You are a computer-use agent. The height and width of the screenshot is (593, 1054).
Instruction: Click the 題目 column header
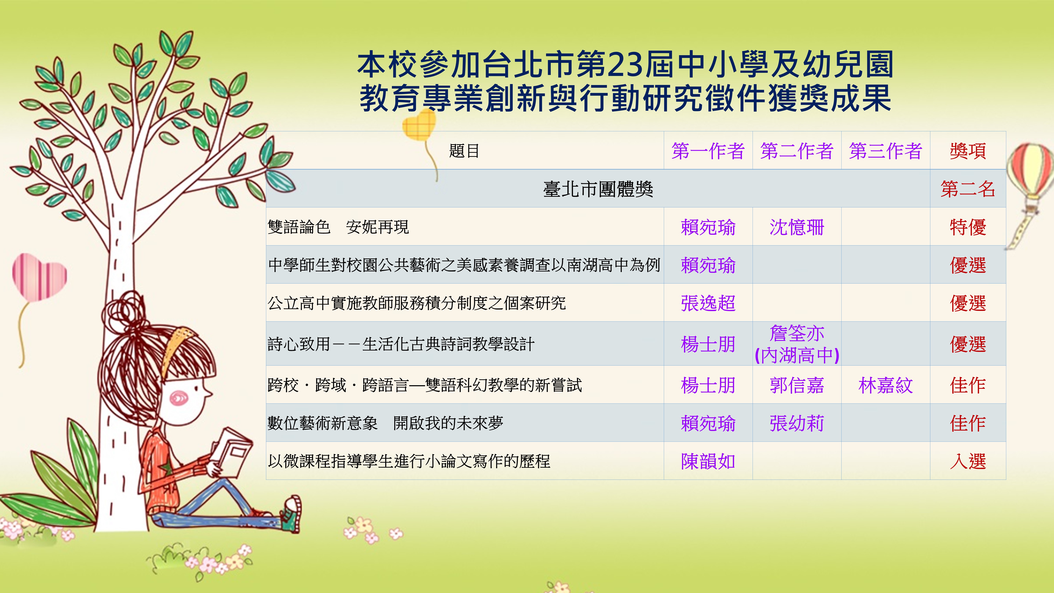pyautogui.click(x=464, y=151)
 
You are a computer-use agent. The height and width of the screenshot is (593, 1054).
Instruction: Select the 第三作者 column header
pyautogui.click(x=885, y=151)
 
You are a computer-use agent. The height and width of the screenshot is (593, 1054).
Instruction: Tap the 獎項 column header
pyautogui.click(x=968, y=151)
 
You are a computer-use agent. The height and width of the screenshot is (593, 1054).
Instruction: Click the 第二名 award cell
pyautogui.click(x=968, y=189)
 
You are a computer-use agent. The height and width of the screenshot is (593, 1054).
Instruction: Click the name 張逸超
pyautogui.click(x=708, y=303)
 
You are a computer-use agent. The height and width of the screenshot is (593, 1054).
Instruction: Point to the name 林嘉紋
pyautogui.click(x=885, y=385)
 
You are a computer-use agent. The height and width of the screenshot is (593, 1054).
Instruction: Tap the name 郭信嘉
pyautogui.click(x=797, y=385)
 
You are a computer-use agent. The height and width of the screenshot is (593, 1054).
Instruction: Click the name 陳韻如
pyautogui.click(x=708, y=461)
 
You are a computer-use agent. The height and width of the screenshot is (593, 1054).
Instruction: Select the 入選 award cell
pyautogui.click(x=968, y=461)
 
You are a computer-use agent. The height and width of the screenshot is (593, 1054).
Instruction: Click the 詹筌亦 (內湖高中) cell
pyautogui.click(x=797, y=344)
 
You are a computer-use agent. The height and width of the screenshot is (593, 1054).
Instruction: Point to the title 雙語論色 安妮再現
pyautogui.click(x=338, y=227)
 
